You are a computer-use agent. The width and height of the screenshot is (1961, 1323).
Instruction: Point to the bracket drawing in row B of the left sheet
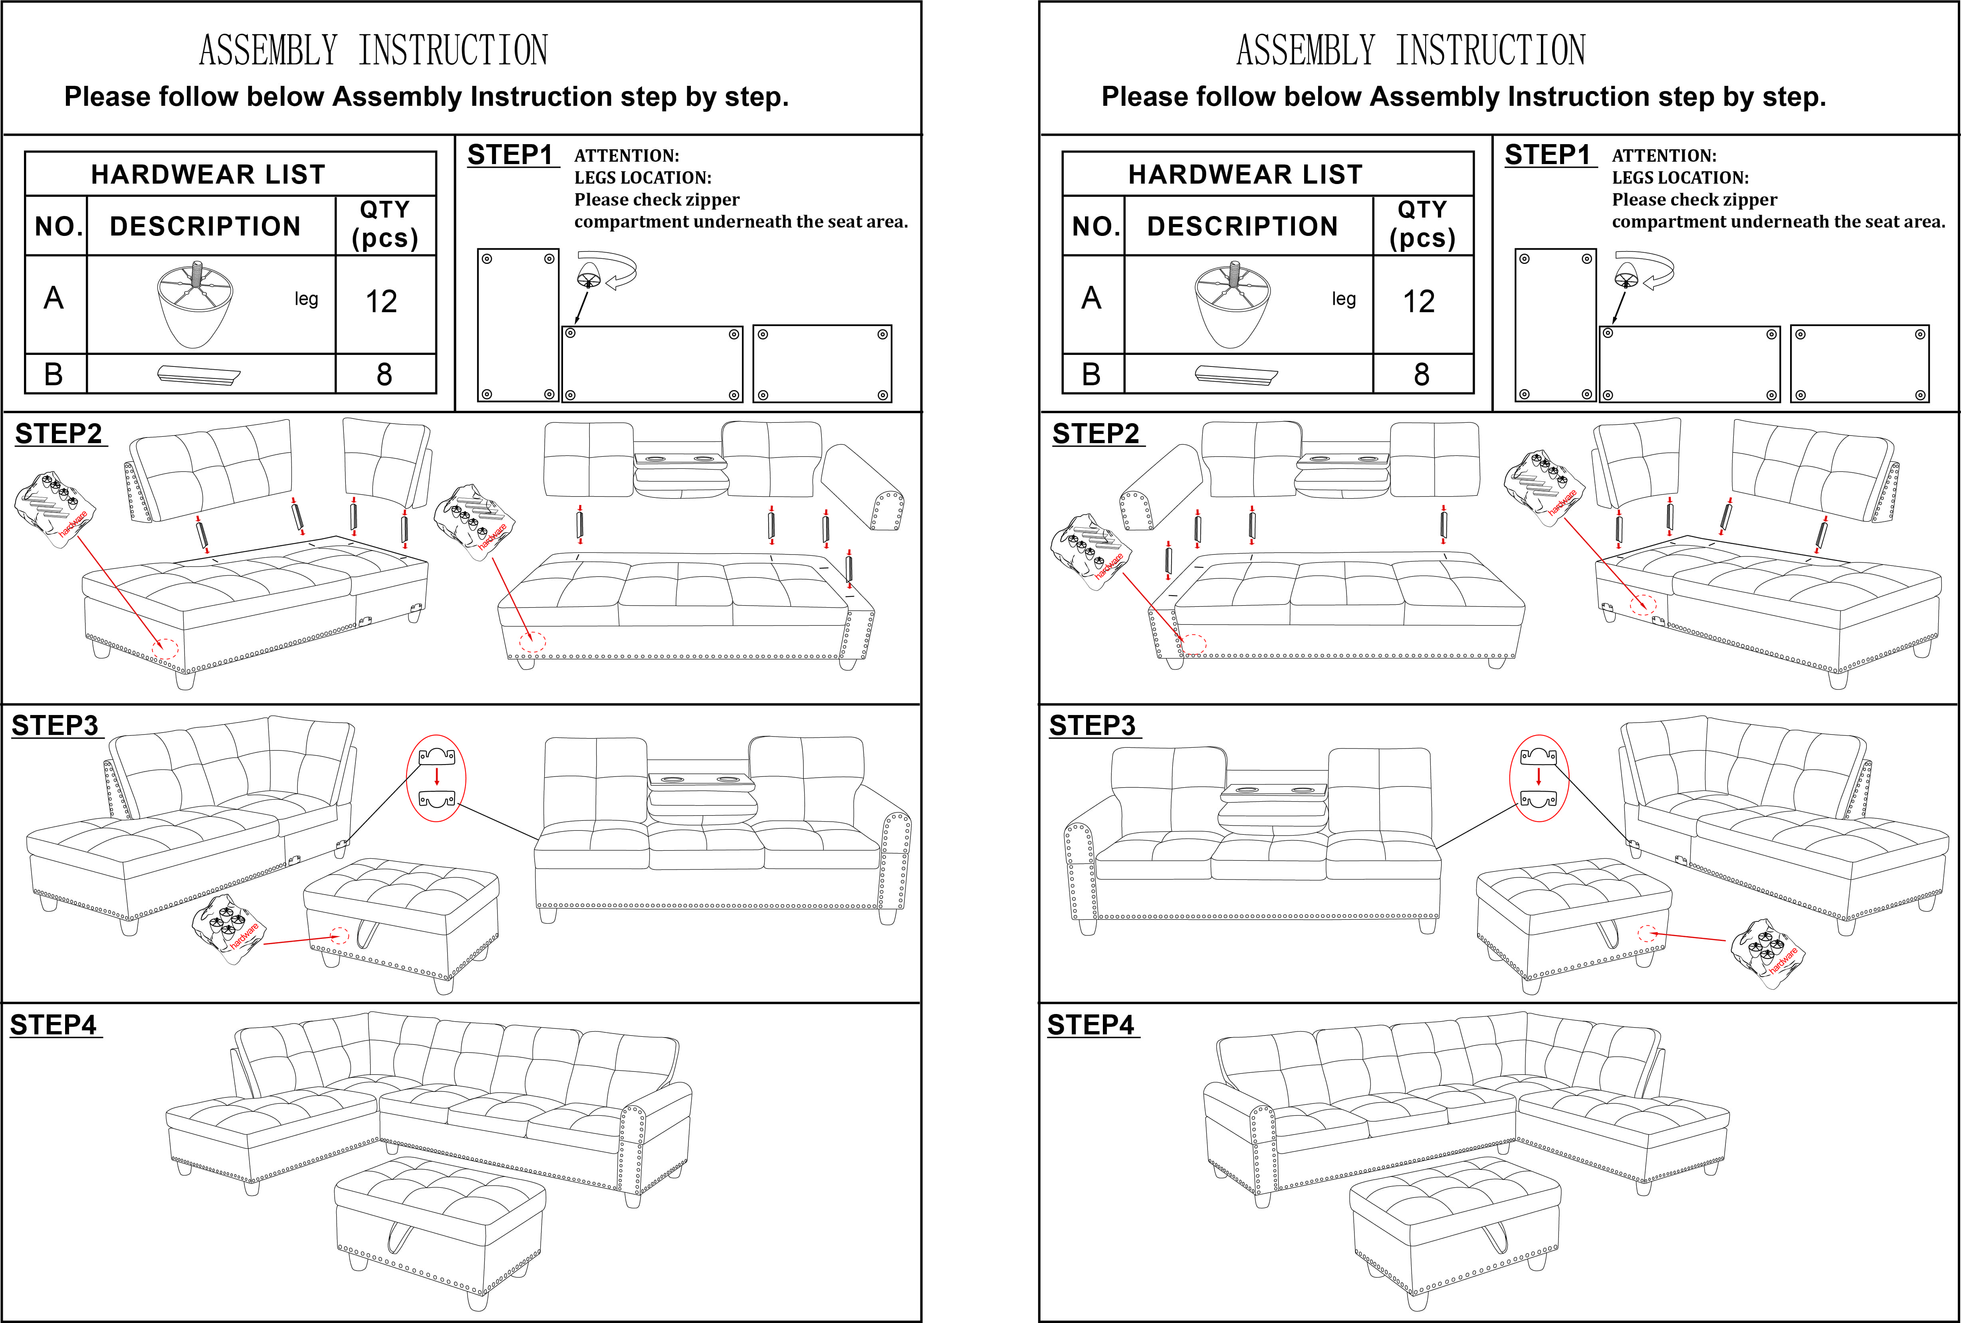[199, 374]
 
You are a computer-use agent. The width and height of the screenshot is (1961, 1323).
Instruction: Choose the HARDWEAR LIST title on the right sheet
[1245, 174]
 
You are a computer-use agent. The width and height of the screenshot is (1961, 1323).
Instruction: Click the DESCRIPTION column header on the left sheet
[205, 226]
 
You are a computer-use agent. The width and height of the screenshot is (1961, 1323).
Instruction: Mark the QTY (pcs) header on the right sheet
[1423, 224]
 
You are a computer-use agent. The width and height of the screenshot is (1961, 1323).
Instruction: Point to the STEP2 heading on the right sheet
[1095, 434]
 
